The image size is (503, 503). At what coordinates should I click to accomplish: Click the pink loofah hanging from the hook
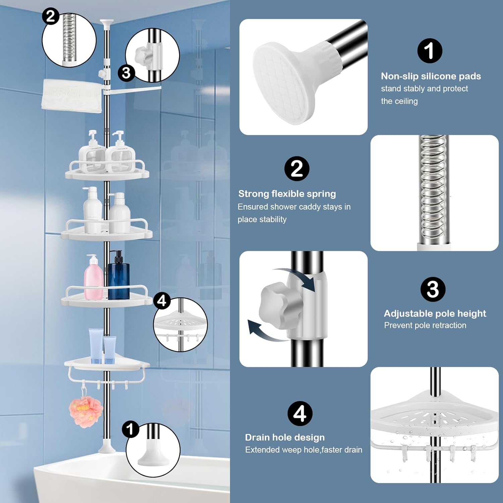(86, 411)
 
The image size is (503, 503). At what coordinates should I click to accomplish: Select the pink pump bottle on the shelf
(93, 279)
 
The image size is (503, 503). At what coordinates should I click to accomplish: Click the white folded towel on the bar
(71, 95)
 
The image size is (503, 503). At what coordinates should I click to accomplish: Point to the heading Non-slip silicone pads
(431, 76)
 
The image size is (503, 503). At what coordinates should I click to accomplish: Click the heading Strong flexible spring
(287, 194)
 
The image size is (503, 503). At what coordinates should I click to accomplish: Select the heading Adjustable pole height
(435, 313)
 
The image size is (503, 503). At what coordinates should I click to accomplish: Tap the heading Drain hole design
(285, 437)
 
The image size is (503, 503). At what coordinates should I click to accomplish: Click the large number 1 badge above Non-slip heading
(430, 51)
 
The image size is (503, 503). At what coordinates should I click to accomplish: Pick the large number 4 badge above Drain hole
(300, 413)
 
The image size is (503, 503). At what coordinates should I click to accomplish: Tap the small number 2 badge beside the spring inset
(51, 16)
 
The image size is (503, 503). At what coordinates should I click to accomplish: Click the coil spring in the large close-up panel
(434, 188)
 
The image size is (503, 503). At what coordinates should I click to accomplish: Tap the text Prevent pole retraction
(425, 325)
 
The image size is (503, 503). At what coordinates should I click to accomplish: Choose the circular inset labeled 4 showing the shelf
(180, 325)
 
